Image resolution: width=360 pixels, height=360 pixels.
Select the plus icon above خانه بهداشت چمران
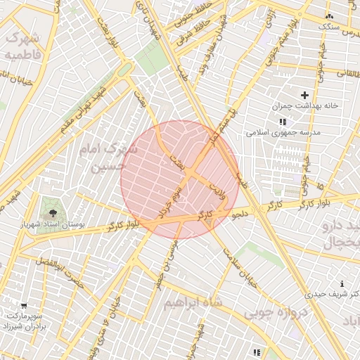(x=304, y=95)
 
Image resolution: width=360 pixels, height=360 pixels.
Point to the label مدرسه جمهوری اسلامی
(x=283, y=132)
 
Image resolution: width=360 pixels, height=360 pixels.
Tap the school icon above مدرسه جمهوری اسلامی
(x=283, y=122)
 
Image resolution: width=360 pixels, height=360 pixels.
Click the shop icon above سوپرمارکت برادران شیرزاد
(x=25, y=306)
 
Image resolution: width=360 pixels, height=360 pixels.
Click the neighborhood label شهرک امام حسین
(x=111, y=157)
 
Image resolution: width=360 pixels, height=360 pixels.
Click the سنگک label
(x=328, y=27)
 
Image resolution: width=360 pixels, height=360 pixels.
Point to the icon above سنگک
(x=328, y=15)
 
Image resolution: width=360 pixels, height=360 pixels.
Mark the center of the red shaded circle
(x=180, y=179)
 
